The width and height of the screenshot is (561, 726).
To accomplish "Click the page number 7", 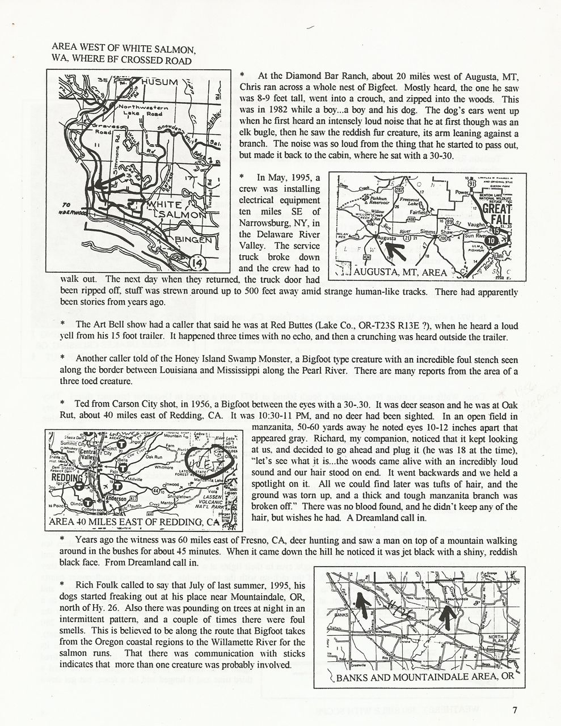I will click(x=514, y=710).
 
